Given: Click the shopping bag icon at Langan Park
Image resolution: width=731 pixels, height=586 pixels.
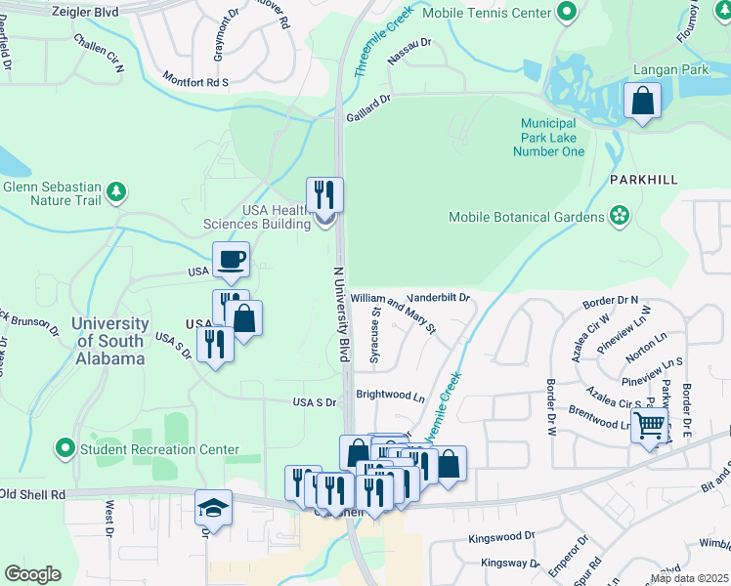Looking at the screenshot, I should tap(643, 102).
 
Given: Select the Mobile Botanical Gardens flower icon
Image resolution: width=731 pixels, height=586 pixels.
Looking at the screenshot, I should tap(619, 215).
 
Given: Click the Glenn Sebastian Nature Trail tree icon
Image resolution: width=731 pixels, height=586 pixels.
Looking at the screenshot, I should tap(116, 190).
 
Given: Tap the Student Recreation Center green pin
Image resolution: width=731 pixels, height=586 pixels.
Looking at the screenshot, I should tap(65, 449).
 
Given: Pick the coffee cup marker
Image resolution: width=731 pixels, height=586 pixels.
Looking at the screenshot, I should tap(232, 261).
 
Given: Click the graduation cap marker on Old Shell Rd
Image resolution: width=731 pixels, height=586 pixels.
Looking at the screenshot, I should tap(213, 509).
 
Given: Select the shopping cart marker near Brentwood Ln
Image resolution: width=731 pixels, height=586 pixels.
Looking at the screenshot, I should tap(649, 427).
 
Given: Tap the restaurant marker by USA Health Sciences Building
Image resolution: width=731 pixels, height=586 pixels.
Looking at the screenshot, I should tap(324, 195).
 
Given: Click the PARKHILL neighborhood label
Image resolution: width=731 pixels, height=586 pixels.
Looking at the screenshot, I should tap(642, 181).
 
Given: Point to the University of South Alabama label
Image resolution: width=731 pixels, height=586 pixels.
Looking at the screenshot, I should tap(111, 341).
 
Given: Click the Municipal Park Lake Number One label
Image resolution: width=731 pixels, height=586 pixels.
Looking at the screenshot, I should tap(552, 138).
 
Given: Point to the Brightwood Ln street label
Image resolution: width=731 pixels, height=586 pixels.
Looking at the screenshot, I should tap(390, 398).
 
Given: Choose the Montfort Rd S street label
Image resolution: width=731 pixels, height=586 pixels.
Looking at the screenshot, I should tap(195, 77).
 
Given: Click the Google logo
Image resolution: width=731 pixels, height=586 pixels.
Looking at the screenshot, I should tap(32, 573).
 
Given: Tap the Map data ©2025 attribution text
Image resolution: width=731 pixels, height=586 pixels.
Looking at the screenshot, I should tap(689, 578).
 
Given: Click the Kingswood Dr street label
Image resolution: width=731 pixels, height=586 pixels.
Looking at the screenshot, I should tap(501, 536).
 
